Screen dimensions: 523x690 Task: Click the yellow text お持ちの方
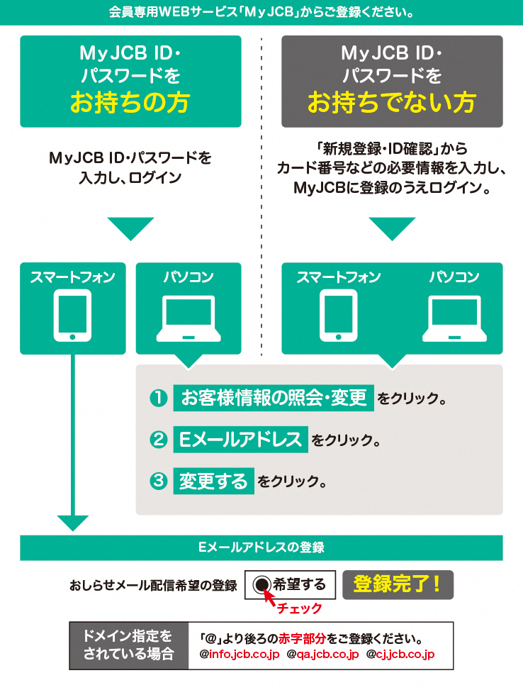tap(130, 103)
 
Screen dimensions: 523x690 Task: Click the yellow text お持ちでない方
tap(391, 103)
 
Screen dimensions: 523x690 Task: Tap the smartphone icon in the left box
tap(72, 315)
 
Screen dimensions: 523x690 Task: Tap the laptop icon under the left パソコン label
tap(189, 318)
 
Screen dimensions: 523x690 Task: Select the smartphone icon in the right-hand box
tap(338, 315)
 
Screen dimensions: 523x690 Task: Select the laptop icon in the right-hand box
tap(454, 318)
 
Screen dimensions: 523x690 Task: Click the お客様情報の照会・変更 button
tap(274, 398)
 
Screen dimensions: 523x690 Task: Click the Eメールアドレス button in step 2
tap(241, 439)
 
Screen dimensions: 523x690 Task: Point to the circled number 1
tap(159, 399)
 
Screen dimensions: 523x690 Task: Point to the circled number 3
tap(159, 481)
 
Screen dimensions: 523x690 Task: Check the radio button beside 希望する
tap(261, 584)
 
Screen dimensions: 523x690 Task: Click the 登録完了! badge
tap(398, 585)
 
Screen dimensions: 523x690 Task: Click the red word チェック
tap(299, 608)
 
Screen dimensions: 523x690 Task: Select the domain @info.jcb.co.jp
tap(240, 654)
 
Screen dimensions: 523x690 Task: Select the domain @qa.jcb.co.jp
tap(323, 654)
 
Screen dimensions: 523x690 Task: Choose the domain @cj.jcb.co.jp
tap(400, 654)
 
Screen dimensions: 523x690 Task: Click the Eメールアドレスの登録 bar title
tap(261, 547)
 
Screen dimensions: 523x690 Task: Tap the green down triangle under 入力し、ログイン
tap(130, 228)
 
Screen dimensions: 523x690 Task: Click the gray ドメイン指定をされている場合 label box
tap(129, 645)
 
